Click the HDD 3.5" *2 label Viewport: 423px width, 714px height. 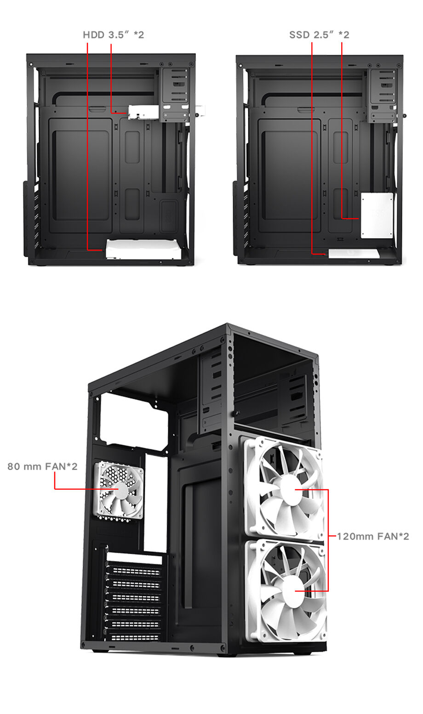[x=113, y=34]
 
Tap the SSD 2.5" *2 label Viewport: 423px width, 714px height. [x=319, y=34]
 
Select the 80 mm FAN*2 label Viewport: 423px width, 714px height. [x=42, y=466]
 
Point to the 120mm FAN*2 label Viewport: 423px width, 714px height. [x=373, y=536]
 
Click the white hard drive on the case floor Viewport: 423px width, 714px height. [x=143, y=249]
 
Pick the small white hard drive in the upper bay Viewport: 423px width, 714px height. [x=143, y=112]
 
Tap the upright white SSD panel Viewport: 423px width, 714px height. [x=377, y=215]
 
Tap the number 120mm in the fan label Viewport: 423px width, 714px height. [x=355, y=536]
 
